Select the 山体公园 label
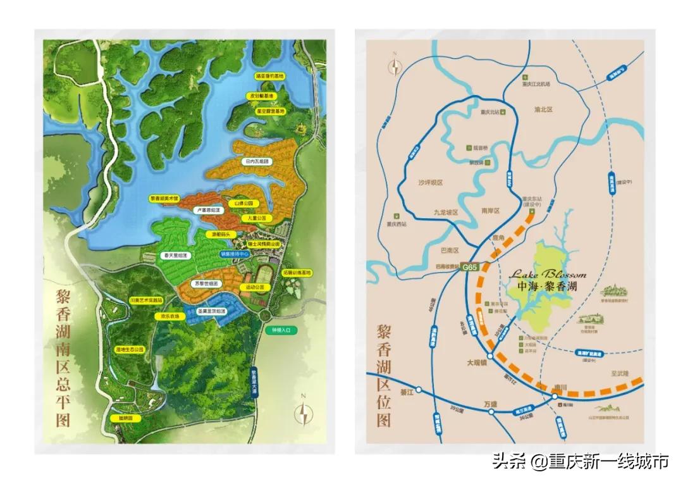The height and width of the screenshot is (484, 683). [243, 203]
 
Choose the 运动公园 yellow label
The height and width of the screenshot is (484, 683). [255, 287]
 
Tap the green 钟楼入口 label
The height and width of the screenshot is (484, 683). [281, 330]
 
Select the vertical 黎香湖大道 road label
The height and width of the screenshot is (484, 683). [255, 382]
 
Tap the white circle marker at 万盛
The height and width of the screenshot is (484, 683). [491, 412]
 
